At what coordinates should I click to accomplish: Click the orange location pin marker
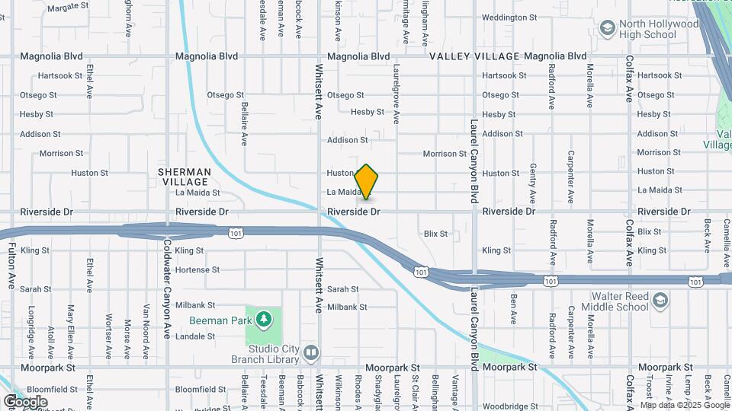[367, 182]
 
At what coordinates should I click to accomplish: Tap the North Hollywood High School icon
[608, 29]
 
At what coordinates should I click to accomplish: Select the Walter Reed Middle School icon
[660, 301]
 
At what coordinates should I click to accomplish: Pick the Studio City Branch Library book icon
[310, 352]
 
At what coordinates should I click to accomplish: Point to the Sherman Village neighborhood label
[184, 177]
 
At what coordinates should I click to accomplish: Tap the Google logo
[25, 401]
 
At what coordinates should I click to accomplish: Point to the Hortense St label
[197, 269]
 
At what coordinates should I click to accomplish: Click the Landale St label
[195, 336]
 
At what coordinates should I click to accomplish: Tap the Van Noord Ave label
[146, 331]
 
